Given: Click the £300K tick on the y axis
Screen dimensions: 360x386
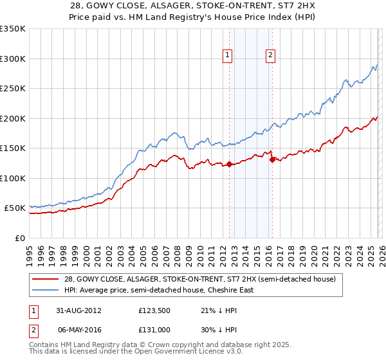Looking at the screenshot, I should click(12, 59).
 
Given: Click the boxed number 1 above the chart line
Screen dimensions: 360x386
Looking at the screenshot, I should click(228, 56).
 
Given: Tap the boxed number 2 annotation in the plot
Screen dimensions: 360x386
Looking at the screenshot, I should click(270, 56).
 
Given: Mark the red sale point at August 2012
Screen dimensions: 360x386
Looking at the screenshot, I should click(230, 165).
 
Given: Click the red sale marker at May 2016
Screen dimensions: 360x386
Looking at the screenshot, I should click(272, 160).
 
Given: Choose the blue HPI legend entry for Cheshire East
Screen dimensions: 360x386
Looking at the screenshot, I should click(159, 290).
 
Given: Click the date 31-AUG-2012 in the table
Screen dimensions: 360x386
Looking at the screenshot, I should click(78, 310).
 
